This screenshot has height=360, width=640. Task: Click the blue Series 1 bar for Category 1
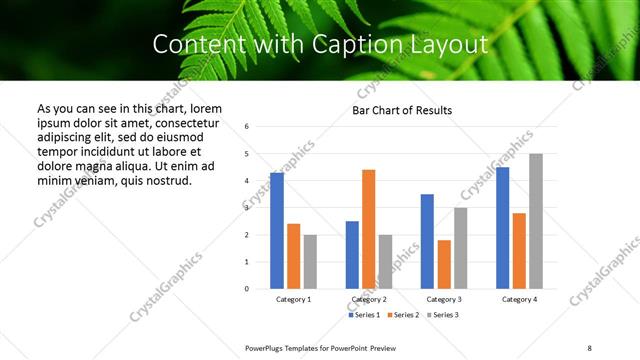click(x=277, y=231)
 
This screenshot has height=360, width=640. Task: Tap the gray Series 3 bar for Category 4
click(x=536, y=221)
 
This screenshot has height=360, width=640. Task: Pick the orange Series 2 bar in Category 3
click(x=444, y=264)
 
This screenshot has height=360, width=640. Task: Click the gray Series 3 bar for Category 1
click(x=310, y=262)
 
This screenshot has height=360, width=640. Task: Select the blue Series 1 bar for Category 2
click(x=352, y=255)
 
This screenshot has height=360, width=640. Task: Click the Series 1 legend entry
click(x=364, y=315)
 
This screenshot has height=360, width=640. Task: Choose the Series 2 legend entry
click(x=402, y=315)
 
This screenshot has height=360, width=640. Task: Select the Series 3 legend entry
click(x=441, y=315)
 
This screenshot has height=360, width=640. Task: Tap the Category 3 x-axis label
click(x=444, y=300)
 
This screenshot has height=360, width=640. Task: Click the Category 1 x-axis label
click(x=293, y=300)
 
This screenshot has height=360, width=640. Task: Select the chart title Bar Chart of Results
click(x=402, y=110)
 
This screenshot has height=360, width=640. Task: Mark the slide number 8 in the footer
click(x=588, y=347)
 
